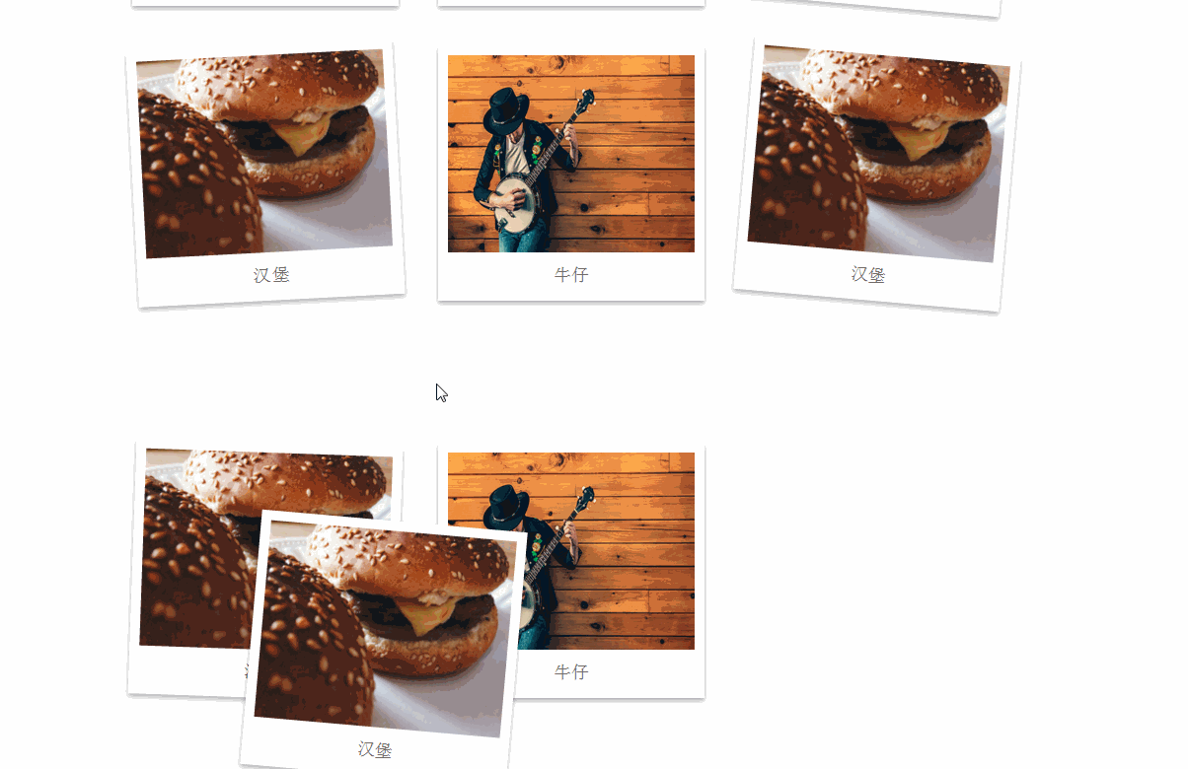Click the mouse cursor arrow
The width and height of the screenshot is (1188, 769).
[x=441, y=392]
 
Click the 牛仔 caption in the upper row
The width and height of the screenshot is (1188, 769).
[x=571, y=275]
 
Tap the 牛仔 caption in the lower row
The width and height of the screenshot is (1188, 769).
[x=571, y=672]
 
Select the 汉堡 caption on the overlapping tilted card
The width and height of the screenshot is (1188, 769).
[x=375, y=750]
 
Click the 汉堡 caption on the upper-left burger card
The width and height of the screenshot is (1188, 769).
[x=271, y=275]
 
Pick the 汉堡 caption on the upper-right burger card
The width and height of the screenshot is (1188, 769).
[x=868, y=275]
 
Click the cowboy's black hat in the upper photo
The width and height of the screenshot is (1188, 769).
[x=506, y=108]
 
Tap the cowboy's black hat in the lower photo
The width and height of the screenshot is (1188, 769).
[x=506, y=505]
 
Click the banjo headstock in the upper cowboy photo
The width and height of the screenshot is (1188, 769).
[x=587, y=99]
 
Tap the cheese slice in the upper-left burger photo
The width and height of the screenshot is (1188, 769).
[x=295, y=136]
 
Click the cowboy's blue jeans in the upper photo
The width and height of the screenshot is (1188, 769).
[x=520, y=241]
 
